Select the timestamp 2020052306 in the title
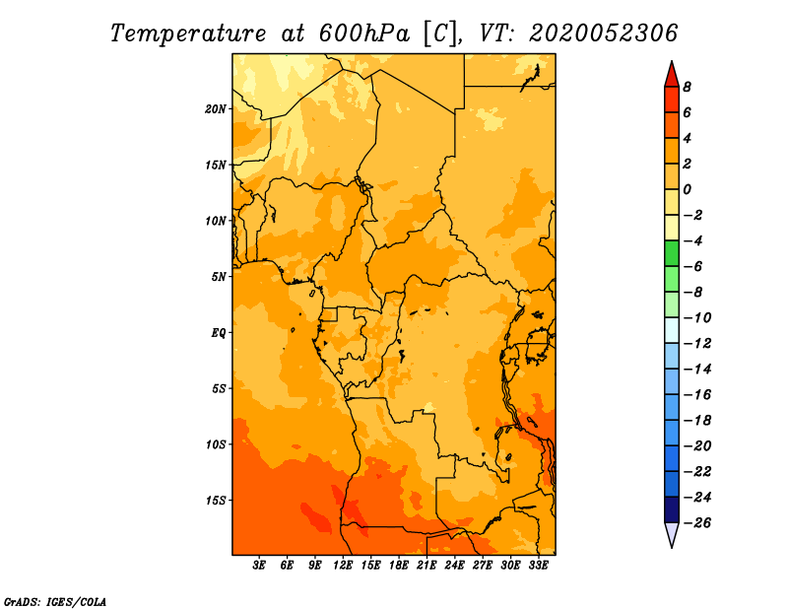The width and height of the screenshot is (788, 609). coord(603,33)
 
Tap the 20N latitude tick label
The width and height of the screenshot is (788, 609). coord(216,108)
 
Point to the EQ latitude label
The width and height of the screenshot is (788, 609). coord(219,333)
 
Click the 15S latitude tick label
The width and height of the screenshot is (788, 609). coord(216,501)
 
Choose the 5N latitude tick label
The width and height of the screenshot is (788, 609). coord(219,277)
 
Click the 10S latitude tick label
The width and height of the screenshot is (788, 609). coord(216,444)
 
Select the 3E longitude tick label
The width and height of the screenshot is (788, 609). coord(260,566)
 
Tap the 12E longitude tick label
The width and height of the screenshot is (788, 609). coord(343,566)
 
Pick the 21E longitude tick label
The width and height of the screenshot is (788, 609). coord(427,566)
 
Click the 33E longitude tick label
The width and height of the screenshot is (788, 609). coord(538,566)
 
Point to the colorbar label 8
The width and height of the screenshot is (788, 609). coord(687,87)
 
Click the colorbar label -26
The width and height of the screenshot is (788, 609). coord(695,522)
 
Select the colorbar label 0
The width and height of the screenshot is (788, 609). coord(687,189)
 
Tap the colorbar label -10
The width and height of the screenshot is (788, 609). coord(695,317)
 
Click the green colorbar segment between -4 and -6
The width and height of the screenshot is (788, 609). coord(671,253)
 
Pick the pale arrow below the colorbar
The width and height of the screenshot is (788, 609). coord(671,535)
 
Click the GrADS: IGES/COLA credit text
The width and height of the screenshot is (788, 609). coord(54,600)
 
